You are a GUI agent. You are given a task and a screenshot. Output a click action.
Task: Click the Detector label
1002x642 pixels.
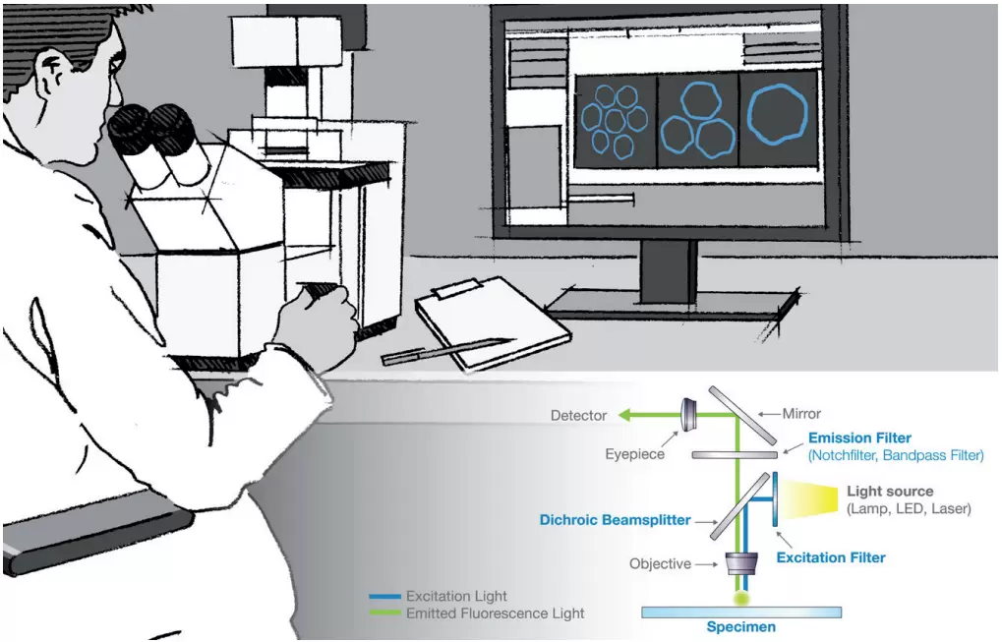tap(578, 416)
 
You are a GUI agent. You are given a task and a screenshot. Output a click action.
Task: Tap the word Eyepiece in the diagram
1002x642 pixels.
tap(633, 455)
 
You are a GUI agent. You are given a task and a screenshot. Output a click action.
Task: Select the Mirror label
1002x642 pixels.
tap(801, 414)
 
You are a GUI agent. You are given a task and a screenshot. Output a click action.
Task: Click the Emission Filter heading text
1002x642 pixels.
tap(859, 438)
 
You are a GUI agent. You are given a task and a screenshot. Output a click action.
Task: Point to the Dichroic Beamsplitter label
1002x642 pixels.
tap(615, 519)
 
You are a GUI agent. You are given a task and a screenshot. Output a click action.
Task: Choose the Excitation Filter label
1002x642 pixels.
tap(831, 557)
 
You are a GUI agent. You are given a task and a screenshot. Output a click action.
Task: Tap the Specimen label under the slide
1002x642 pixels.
tap(741, 626)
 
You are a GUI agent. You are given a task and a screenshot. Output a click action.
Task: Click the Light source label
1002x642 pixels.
tap(890, 492)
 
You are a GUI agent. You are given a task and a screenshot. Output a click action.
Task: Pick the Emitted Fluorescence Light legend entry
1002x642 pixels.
tap(495, 613)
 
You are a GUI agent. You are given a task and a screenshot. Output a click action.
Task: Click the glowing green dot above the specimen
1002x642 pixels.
tap(740, 596)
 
